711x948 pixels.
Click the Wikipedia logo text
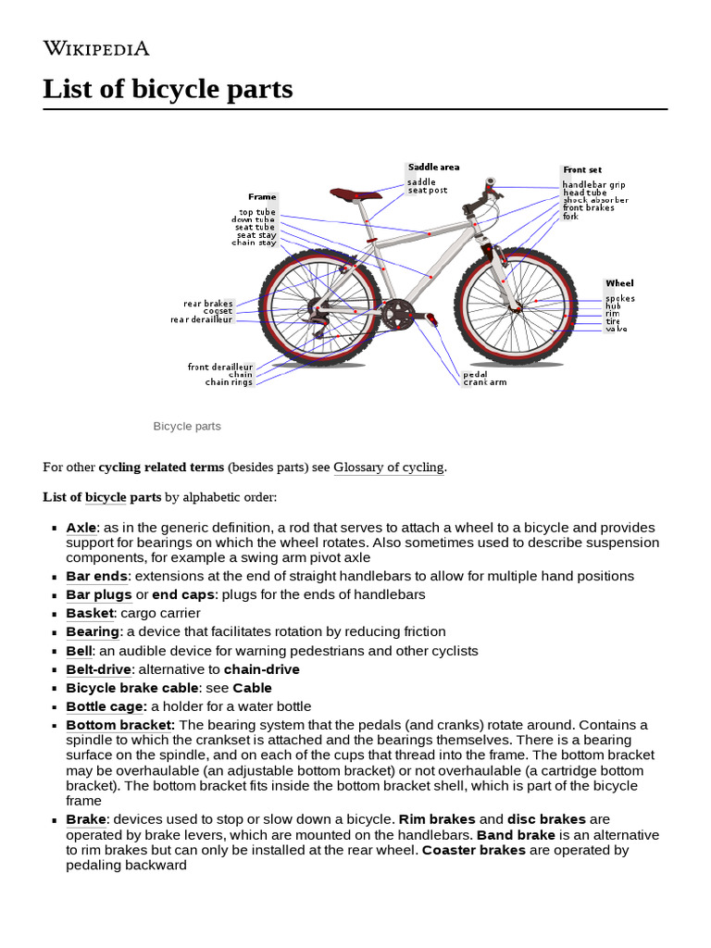pyautogui.click(x=96, y=49)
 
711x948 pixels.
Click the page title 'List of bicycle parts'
pyautogui.click(x=168, y=90)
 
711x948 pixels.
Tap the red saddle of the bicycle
pyautogui.click(x=356, y=193)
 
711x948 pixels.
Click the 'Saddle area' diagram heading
pyautogui.click(x=433, y=168)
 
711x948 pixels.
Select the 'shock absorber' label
pyautogui.click(x=595, y=200)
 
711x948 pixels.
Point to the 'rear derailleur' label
pyautogui.click(x=201, y=320)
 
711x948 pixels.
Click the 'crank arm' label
pyautogui.click(x=484, y=382)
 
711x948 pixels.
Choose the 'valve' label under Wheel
pyautogui.click(x=616, y=329)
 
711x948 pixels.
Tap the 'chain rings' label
pyautogui.click(x=229, y=382)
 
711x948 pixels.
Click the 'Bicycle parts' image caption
pyautogui.click(x=187, y=427)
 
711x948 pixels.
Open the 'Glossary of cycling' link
pyautogui.click(x=389, y=468)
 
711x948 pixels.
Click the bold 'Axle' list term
pyautogui.click(x=81, y=528)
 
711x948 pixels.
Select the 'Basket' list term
pyautogui.click(x=89, y=613)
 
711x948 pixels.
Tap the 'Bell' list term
pyautogui.click(x=79, y=651)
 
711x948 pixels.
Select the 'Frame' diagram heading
pyautogui.click(x=262, y=197)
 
